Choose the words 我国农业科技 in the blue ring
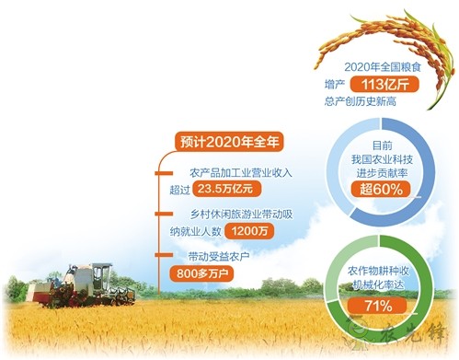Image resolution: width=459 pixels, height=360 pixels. (x=380, y=160)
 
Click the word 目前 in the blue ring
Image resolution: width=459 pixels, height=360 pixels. (x=381, y=146)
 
